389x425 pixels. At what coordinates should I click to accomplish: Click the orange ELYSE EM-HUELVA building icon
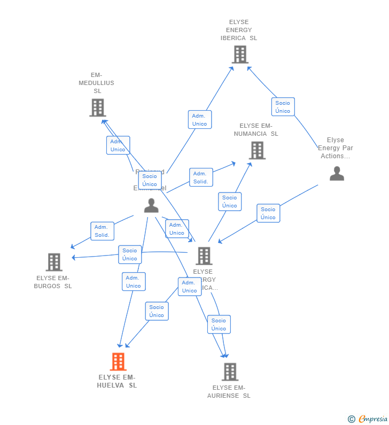click(x=118, y=361)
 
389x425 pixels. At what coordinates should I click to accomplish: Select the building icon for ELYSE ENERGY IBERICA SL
click(x=239, y=54)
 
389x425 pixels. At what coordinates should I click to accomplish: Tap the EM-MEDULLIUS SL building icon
click(x=97, y=107)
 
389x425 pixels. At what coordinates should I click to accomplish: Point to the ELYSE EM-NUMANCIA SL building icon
click(x=257, y=150)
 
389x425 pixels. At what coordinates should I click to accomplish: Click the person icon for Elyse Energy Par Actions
click(x=337, y=173)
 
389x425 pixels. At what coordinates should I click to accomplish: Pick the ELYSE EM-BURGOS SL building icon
click(x=54, y=262)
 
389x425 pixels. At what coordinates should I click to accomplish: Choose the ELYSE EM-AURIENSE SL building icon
click(x=230, y=372)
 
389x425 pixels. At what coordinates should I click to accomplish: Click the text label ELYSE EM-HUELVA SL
click(x=117, y=381)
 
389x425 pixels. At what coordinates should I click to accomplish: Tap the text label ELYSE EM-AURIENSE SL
click(x=229, y=392)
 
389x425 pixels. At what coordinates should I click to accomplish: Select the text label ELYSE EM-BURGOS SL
click(x=53, y=282)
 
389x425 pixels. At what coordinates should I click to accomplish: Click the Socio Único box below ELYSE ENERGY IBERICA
click(x=283, y=107)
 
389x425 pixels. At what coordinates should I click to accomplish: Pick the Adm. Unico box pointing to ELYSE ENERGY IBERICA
click(x=199, y=120)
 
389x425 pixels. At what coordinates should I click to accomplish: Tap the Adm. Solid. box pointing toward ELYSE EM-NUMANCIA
click(x=201, y=177)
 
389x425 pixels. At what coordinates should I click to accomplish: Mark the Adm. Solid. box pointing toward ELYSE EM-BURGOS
click(x=102, y=231)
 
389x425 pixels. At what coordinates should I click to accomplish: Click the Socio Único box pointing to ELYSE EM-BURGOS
click(x=130, y=254)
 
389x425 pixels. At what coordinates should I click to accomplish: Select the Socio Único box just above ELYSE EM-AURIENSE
click(x=219, y=324)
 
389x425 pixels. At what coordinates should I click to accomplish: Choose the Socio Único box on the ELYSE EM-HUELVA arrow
click(x=157, y=311)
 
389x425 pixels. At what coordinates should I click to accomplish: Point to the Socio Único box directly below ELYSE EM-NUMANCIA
click(x=230, y=202)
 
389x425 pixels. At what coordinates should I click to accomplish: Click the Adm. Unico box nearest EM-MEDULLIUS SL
click(x=118, y=145)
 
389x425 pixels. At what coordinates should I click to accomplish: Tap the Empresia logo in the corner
click(x=368, y=419)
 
